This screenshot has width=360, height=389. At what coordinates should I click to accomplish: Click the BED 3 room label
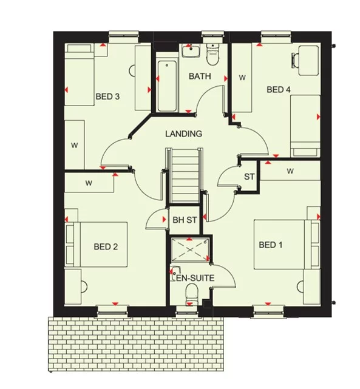pos(107,96)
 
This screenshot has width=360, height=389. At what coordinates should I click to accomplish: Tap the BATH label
pos(200,76)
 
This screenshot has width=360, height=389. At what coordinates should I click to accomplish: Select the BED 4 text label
pos(279,90)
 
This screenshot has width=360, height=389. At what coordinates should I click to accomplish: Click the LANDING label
pos(183,134)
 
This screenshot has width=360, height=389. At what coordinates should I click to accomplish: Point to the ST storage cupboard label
pos(249,177)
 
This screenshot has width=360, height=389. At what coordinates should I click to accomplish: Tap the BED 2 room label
pos(106,246)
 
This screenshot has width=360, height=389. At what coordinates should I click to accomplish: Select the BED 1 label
pos(271,245)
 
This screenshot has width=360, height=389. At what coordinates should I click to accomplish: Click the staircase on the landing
pos(184,175)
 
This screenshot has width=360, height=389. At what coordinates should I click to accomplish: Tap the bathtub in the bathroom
pos(165,85)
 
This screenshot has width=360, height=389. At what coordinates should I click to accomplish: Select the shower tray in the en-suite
pos(190,249)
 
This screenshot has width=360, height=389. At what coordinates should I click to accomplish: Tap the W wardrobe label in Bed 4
pos(242,78)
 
